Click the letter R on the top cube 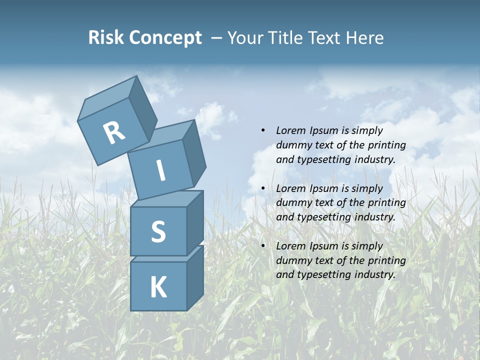114,132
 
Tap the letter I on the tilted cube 161,171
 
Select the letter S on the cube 158,231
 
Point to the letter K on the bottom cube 158,287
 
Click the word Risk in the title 106,38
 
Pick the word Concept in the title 165,38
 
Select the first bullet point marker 263,131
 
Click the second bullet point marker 263,188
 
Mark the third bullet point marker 263,246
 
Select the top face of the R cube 107,97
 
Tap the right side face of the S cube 195,221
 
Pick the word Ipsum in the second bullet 324,188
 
